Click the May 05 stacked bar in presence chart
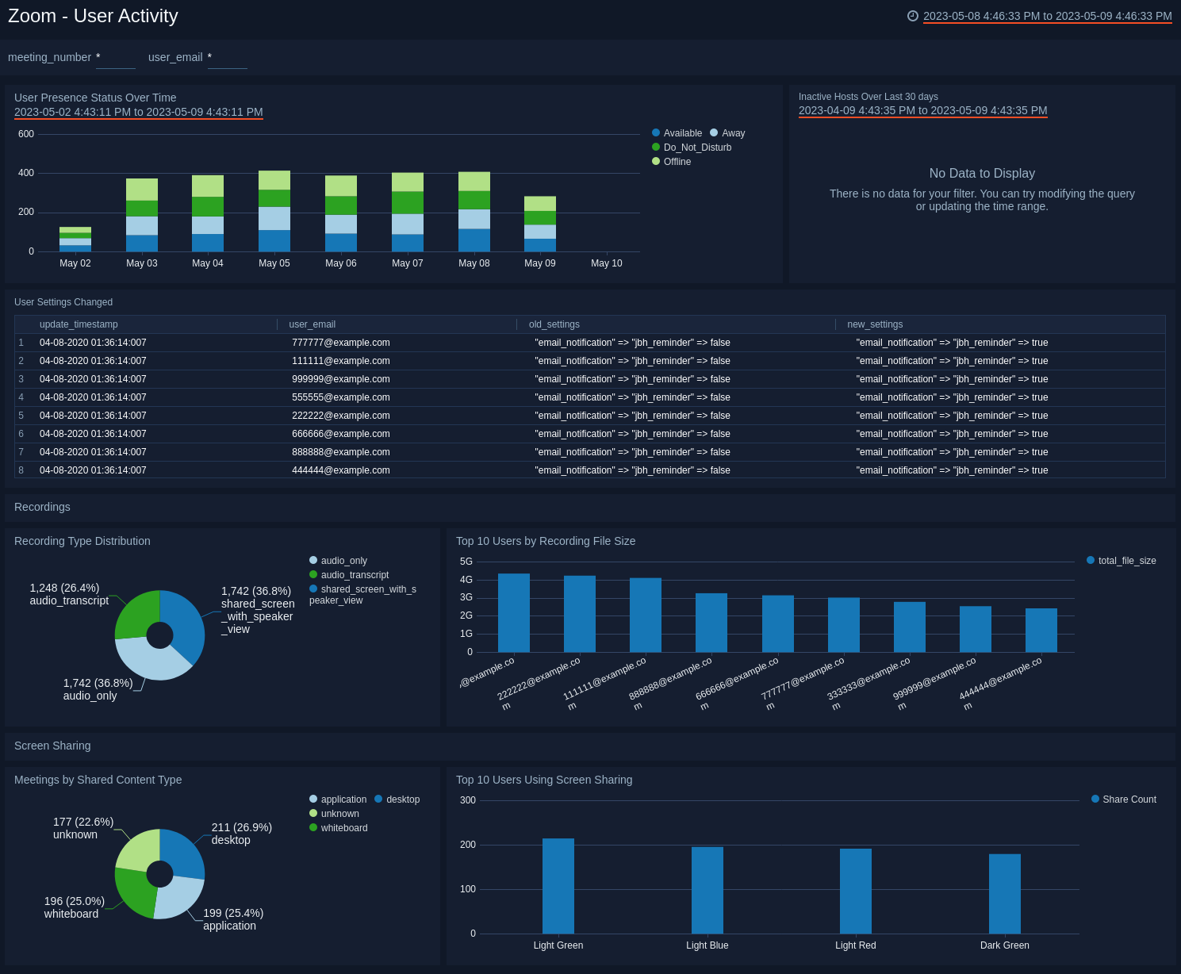274,212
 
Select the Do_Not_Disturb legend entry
696,148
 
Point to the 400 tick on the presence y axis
26,173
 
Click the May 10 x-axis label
607,263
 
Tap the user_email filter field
228,58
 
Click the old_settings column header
554,324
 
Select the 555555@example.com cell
341,397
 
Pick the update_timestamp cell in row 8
93,470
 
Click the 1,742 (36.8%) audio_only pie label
98,689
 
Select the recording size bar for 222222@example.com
580,614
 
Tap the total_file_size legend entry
1126,561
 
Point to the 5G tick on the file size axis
466,562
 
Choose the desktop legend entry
402,800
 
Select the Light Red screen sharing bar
856,891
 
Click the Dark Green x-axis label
1004,945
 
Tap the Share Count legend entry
1129,800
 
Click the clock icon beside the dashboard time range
913,16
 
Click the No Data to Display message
982,174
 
